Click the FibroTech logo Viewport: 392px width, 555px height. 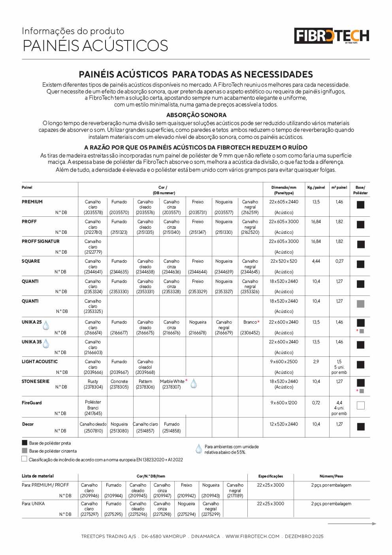[332, 36]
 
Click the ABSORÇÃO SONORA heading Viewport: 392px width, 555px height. [196, 115]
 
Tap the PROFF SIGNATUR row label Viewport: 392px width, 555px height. [41, 241]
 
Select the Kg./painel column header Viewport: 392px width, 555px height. [316, 188]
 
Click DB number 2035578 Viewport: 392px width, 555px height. [93, 212]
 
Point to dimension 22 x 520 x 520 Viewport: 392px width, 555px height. [284, 261]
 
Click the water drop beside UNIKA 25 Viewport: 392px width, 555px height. [46, 325]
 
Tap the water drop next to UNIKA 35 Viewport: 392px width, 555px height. [46, 344]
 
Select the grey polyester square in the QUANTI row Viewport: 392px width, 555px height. [360, 304]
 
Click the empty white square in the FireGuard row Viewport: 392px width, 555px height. [360, 405]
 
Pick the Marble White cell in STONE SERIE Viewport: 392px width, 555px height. [172, 381]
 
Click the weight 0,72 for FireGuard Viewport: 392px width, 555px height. [316, 403]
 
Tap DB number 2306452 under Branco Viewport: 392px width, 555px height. [250, 333]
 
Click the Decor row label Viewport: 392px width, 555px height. [28, 424]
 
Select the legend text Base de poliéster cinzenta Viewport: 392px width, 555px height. [53, 451]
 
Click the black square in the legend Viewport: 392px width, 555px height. [24, 443]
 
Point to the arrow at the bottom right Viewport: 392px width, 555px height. [352, 524]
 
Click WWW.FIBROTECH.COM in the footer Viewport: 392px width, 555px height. [253, 536]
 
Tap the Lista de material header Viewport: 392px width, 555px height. [38, 476]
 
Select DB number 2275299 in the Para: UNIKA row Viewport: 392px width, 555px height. [211, 514]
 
